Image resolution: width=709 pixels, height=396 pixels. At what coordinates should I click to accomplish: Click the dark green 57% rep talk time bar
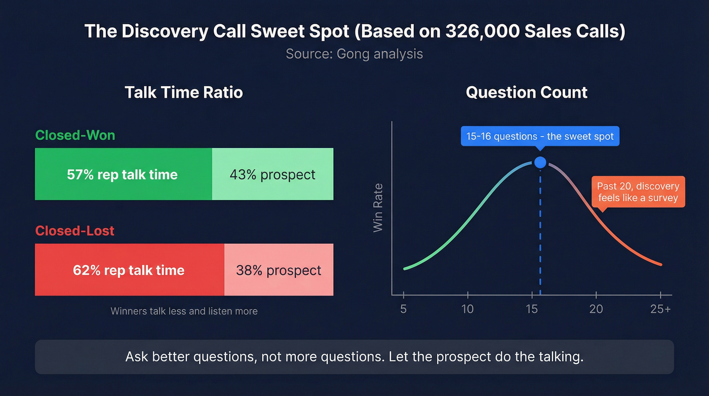click(123, 174)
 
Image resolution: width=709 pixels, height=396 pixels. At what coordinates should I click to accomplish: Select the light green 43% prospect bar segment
click(272, 174)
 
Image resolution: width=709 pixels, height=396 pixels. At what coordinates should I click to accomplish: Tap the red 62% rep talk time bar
click(129, 270)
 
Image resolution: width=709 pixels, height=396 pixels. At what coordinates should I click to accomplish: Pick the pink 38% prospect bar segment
click(279, 270)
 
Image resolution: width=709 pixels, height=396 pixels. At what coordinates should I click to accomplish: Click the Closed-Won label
click(75, 135)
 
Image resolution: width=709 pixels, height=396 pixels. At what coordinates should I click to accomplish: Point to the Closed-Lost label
click(75, 231)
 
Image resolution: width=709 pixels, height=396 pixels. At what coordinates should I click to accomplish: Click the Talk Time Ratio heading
click(184, 92)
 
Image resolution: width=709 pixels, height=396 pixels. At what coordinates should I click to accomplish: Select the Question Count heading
click(527, 92)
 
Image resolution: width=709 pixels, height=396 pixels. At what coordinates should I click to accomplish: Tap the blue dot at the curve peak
click(540, 162)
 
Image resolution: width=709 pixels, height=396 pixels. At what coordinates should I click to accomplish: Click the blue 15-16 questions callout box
click(540, 136)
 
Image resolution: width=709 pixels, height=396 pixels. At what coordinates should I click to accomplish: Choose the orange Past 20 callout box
click(638, 192)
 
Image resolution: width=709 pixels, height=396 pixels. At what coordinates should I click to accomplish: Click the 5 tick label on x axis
click(404, 309)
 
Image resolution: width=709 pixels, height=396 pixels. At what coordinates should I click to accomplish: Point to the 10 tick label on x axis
click(467, 309)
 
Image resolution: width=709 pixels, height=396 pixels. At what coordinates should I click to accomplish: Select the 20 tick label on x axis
click(596, 309)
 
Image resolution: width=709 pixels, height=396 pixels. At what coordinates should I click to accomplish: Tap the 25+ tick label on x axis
click(660, 309)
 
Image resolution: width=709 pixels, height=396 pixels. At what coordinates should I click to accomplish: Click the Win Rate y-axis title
click(378, 208)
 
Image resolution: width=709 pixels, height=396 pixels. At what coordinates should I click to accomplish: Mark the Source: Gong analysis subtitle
click(354, 54)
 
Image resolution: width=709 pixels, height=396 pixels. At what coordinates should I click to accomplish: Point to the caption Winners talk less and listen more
click(184, 311)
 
